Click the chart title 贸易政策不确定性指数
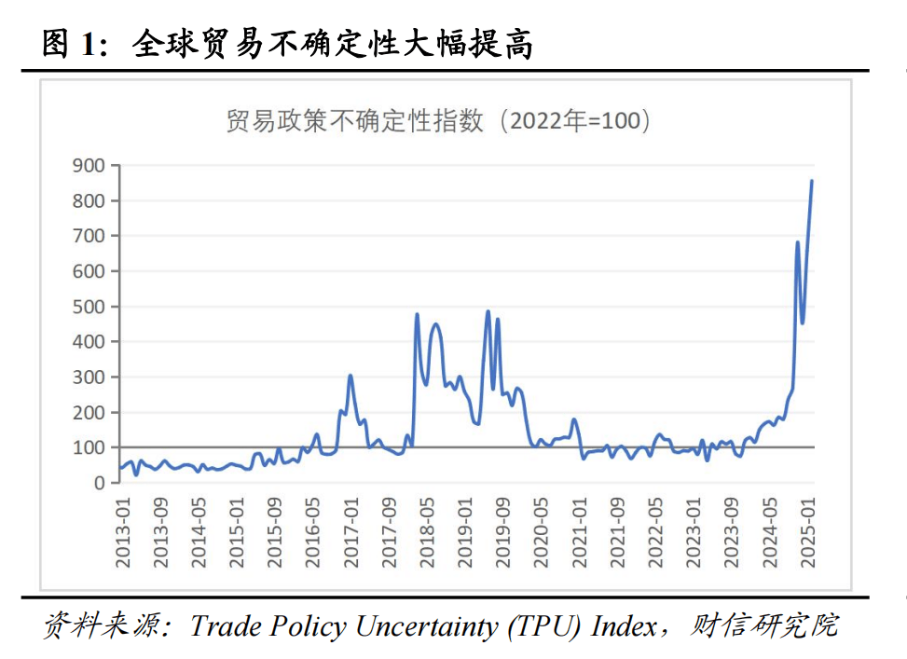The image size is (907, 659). coord(354,122)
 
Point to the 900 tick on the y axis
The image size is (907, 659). coord(91,166)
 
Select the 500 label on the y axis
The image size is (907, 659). coord(91,307)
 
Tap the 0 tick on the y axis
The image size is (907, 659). coord(100,483)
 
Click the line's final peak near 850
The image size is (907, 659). coord(811,182)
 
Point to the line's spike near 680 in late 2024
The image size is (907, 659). coord(798,242)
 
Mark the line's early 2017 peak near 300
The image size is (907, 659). coord(350,376)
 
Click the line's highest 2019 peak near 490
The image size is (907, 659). coord(488,311)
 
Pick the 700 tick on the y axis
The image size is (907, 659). coord(91,236)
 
